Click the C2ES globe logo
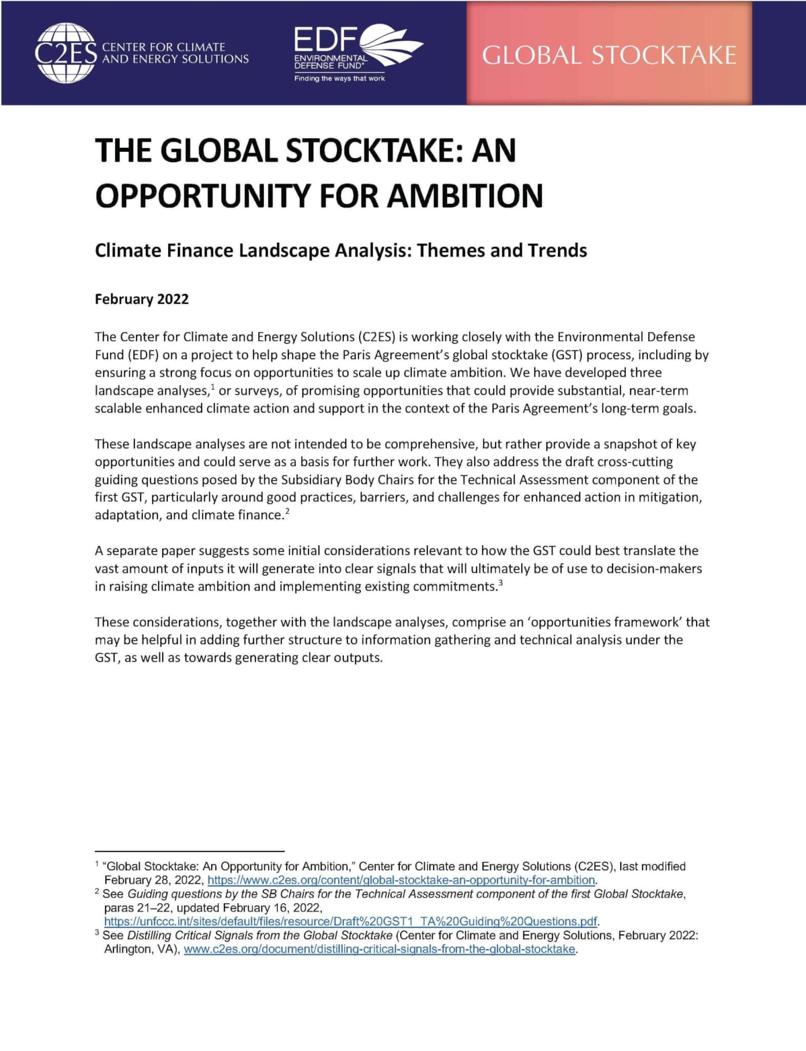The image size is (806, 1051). (x=65, y=53)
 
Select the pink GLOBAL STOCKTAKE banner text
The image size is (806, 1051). (x=609, y=55)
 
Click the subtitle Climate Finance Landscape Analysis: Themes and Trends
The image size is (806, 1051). (x=341, y=250)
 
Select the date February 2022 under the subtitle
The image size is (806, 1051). (x=142, y=299)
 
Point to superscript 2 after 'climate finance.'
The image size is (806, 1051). (x=287, y=511)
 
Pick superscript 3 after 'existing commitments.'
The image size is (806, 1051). (x=500, y=582)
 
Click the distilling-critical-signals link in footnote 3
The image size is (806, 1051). (x=379, y=949)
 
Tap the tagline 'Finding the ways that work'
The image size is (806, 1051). (x=339, y=79)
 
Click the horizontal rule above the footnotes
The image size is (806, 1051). (x=189, y=851)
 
